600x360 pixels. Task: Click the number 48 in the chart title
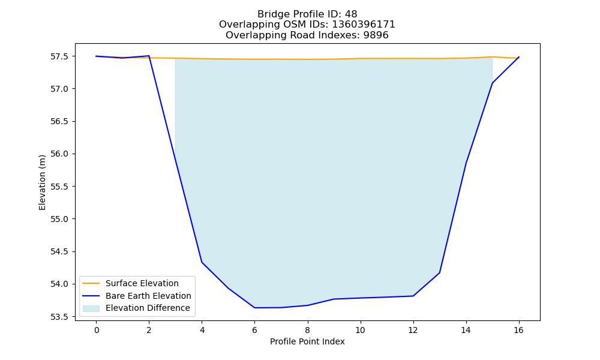351,14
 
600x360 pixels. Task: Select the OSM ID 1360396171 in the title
364,25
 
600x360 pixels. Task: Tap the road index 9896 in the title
376,35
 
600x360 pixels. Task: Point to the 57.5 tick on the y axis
59,56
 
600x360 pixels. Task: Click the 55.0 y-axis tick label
59,219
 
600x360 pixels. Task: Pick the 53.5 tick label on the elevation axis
59,317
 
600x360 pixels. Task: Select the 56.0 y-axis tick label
59,154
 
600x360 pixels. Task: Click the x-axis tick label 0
97,330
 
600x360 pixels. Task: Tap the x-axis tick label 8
308,330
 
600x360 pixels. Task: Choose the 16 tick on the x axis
518,330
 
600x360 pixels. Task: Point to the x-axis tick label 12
413,330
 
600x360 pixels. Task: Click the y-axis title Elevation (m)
42,182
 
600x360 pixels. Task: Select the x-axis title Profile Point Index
307,341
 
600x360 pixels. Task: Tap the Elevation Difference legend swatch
91,308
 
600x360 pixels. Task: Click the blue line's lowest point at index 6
254,308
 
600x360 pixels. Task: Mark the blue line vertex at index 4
202,262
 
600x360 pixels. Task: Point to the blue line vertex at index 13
439,273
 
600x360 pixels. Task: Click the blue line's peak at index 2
149,56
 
